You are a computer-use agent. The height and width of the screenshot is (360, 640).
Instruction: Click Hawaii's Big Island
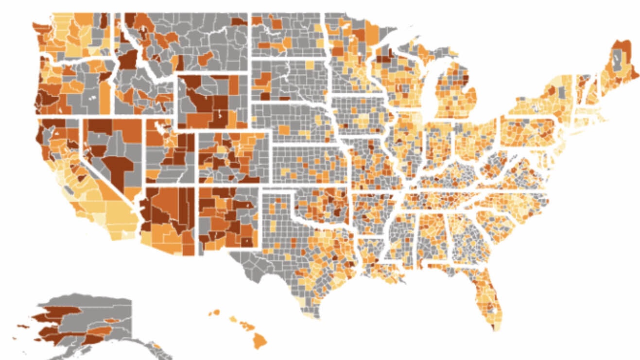click(x=259, y=341)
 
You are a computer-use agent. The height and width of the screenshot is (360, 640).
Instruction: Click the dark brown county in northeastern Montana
click(x=239, y=21)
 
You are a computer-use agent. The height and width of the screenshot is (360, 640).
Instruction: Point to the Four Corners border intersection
click(x=196, y=186)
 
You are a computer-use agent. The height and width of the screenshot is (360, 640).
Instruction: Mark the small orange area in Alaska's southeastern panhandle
click(x=157, y=346)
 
